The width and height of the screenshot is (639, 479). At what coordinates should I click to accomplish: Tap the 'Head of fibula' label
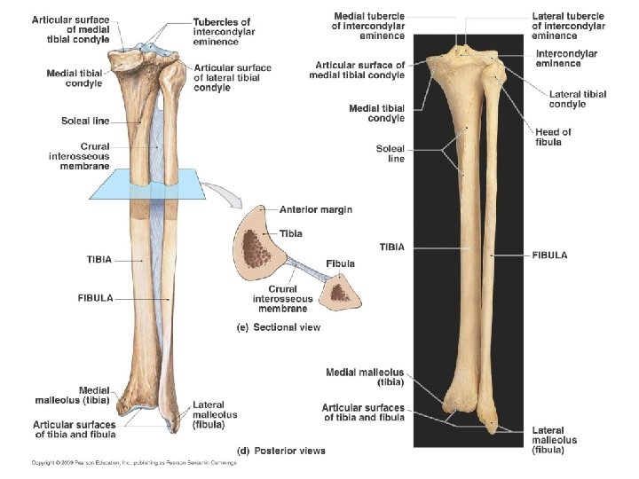point(553,137)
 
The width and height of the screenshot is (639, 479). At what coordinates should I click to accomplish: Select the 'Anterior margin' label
point(315,210)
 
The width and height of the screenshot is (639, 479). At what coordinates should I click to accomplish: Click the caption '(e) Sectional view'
point(277,327)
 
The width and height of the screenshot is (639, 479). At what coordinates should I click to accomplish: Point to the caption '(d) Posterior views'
point(278,451)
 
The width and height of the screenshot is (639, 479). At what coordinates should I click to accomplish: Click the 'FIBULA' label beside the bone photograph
point(549,255)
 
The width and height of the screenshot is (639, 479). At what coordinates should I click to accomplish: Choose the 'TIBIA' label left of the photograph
point(392,247)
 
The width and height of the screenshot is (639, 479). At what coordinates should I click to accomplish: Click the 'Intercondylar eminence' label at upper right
point(567,59)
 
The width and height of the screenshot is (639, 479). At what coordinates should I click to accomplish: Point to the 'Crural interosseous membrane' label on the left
point(79,156)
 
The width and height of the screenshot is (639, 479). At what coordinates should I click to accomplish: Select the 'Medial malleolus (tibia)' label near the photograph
point(365,378)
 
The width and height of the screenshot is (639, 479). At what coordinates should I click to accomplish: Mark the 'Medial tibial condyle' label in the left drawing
point(75,78)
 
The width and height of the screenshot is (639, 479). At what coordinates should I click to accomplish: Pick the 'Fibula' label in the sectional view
point(340,263)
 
